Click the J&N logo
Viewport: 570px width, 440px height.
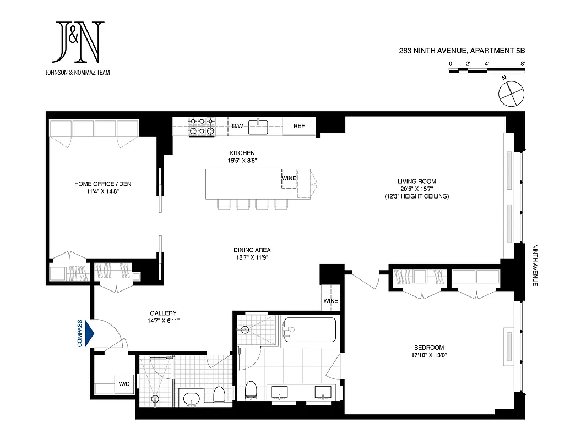point(78,42)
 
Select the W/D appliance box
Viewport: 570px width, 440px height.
point(123,383)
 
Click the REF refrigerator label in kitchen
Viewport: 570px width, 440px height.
point(299,126)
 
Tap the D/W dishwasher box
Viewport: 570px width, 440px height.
point(237,126)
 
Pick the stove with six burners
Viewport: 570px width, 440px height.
point(202,126)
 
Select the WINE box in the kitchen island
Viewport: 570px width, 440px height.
point(289,179)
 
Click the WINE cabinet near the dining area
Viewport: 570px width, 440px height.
point(330,301)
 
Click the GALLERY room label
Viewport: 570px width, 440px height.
point(163,313)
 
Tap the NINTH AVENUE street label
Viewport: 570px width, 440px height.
point(534,266)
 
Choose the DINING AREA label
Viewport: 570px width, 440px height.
point(251,249)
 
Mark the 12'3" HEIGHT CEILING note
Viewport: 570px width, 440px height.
point(417,196)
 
